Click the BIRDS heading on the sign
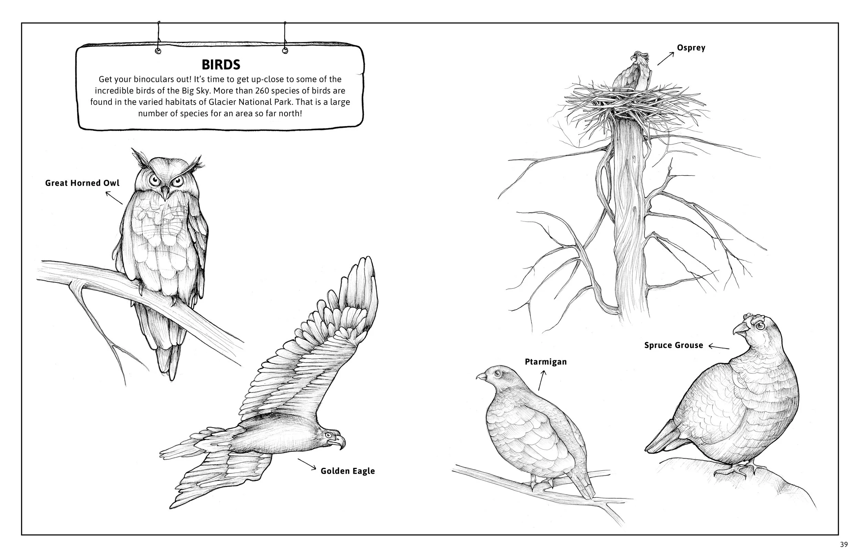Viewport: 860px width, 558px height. click(x=221, y=65)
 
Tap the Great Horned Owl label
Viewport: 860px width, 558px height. click(x=82, y=183)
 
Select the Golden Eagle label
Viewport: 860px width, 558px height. click(x=348, y=471)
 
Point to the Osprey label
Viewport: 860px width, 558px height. click(x=691, y=48)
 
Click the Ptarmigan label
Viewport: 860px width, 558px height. click(x=546, y=362)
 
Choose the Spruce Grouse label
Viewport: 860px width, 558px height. click(x=674, y=345)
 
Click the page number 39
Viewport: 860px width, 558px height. click(x=844, y=544)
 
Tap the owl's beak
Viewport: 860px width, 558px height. click(x=165, y=193)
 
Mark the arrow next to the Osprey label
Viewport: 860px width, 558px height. click(x=666, y=58)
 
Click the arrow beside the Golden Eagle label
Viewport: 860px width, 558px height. click(x=307, y=464)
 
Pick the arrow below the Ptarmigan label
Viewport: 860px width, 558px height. click(x=541, y=380)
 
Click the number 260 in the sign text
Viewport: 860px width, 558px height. click(x=262, y=91)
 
